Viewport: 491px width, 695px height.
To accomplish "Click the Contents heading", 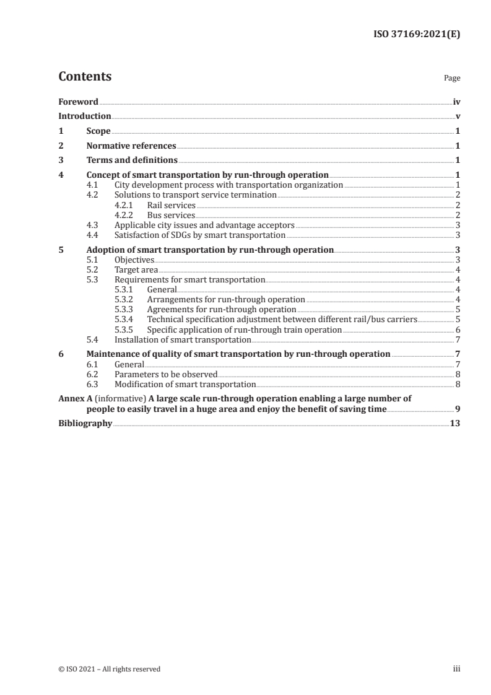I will click(85, 77).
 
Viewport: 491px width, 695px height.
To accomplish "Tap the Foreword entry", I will click(78, 102).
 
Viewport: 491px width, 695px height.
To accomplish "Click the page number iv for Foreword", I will click(456, 102).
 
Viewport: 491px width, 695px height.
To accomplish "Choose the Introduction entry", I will click(85, 116).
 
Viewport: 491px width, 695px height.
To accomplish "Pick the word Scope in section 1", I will click(98, 131).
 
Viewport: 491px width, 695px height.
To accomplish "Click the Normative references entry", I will click(131, 146).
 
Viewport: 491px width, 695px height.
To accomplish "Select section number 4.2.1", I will click(126, 205).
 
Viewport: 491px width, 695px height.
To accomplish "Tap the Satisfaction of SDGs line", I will click(200, 235).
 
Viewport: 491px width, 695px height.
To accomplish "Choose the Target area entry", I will click(136, 270).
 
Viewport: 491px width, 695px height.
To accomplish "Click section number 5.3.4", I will click(126, 320).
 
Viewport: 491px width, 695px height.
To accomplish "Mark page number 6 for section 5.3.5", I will click(458, 330).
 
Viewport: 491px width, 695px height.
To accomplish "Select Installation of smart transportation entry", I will click(183, 339).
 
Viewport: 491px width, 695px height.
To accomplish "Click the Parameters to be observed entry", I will click(166, 374).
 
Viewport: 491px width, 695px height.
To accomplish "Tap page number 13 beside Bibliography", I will click(455, 424).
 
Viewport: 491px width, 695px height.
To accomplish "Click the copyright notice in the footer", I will click(110, 669).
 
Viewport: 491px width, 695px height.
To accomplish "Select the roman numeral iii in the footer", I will click(457, 669).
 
